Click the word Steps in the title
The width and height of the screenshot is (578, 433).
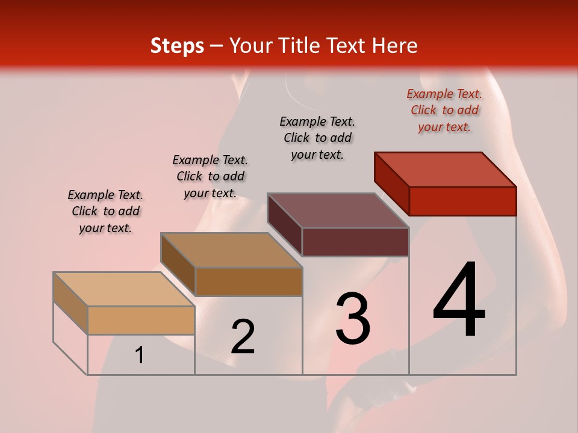(177, 46)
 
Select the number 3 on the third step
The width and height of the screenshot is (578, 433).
(353, 318)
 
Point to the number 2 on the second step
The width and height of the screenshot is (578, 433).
(243, 337)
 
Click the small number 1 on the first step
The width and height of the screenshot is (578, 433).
(140, 355)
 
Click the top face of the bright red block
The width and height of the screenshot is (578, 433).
(446, 169)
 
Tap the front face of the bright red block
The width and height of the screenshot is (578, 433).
(462, 201)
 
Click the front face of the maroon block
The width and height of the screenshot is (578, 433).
(355, 242)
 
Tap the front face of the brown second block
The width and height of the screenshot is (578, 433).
(248, 281)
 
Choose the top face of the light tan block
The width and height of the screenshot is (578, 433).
(124, 289)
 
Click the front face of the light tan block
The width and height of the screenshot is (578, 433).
(141, 320)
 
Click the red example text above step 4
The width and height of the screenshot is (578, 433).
(444, 110)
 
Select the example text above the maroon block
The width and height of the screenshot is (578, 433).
(317, 138)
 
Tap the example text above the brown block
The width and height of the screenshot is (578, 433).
(210, 176)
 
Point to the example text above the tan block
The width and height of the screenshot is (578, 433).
(105, 211)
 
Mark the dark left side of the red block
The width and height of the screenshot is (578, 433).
(391, 183)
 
